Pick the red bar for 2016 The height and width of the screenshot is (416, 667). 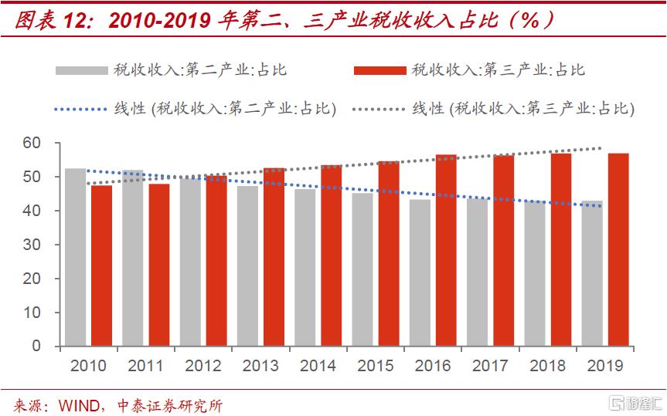(446, 250)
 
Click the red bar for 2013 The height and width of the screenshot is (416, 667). (274, 257)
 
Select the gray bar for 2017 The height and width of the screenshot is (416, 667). (478, 272)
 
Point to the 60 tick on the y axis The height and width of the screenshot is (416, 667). (32, 143)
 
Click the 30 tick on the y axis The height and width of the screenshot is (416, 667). (32, 245)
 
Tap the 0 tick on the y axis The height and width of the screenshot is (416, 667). (36, 347)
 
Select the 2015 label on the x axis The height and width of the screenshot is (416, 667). (376, 365)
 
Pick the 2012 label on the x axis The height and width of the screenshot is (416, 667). (203, 365)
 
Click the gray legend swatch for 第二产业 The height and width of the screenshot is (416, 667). (80, 70)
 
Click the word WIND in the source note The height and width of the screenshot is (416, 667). (78, 404)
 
